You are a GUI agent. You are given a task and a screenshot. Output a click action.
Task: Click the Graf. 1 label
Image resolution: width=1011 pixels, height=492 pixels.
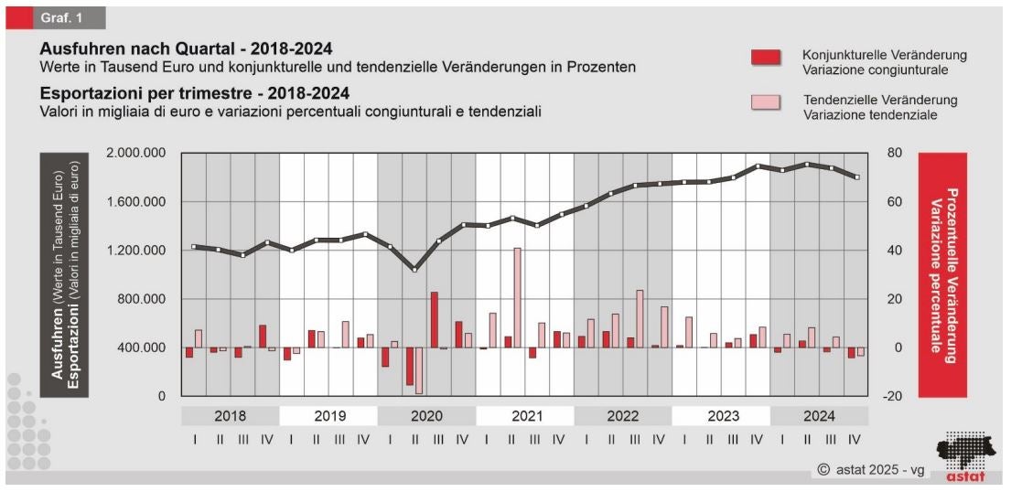click(57, 17)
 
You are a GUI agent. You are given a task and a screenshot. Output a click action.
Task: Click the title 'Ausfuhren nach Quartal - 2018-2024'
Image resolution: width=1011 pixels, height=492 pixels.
click(186, 48)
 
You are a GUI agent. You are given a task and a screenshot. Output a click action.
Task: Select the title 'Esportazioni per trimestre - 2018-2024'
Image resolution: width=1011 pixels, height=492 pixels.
click(194, 93)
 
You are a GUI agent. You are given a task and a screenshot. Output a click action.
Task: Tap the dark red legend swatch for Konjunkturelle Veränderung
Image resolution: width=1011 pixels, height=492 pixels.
click(766, 58)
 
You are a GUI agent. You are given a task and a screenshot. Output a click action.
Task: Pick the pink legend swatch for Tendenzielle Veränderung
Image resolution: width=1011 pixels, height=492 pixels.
click(766, 102)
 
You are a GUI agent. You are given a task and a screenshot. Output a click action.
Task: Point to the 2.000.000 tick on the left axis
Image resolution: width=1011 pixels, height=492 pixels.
click(135, 153)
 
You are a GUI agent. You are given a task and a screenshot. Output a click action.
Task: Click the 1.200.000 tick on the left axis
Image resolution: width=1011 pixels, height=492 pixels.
click(135, 251)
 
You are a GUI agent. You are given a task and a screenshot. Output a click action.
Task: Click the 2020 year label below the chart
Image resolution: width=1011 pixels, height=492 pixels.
click(426, 416)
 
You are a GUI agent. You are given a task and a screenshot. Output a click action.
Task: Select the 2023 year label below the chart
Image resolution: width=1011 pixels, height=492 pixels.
click(721, 416)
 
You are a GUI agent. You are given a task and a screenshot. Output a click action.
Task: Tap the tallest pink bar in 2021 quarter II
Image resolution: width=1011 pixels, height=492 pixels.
click(517, 297)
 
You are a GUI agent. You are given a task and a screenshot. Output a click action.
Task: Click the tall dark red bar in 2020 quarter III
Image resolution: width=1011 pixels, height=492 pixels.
click(434, 319)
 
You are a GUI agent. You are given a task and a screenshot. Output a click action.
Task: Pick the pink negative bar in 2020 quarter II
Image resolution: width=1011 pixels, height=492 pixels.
click(418, 370)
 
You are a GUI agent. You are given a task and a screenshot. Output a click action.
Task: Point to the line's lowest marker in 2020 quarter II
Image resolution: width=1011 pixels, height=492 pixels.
click(414, 270)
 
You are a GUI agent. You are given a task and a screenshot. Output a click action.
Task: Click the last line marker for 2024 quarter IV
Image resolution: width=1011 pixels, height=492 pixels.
click(857, 177)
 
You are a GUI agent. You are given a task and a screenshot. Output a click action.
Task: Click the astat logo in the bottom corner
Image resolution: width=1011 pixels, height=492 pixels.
click(965, 456)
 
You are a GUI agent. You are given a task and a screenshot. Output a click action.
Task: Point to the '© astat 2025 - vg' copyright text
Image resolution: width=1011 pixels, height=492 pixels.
click(870, 470)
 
